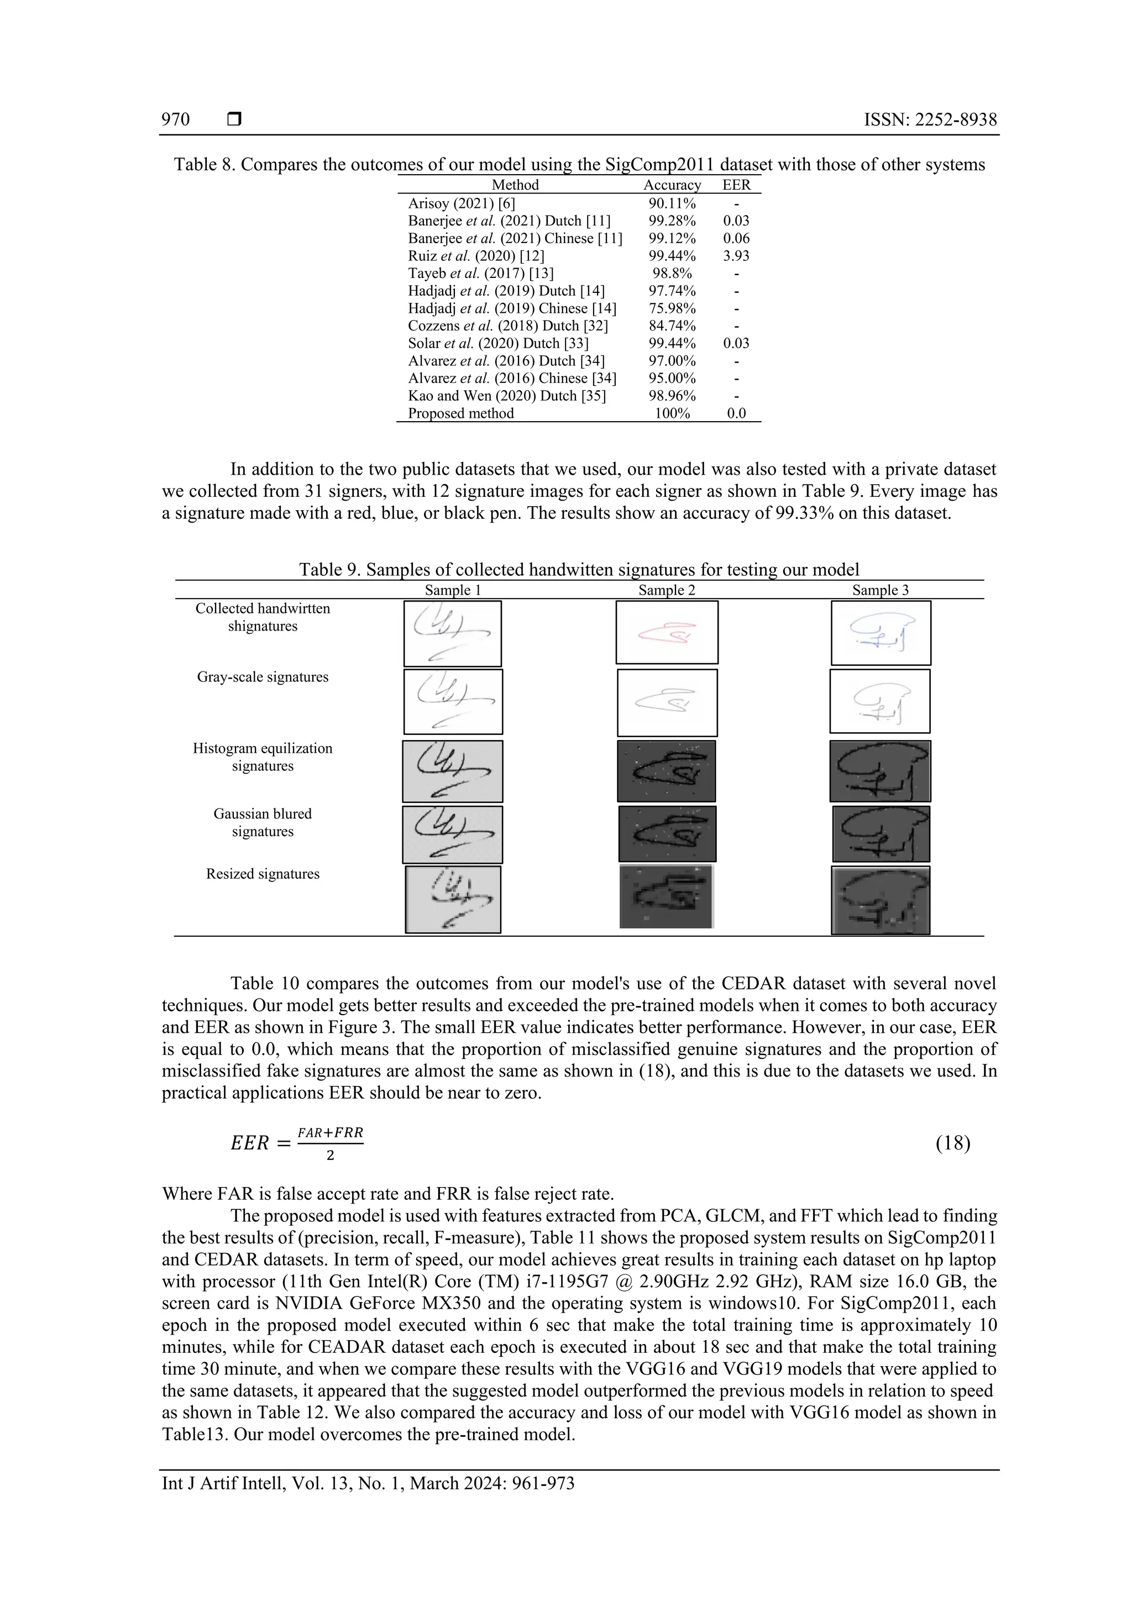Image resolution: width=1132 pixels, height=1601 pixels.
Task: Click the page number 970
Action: point(175,119)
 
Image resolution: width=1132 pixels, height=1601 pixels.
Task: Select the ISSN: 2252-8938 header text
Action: point(930,119)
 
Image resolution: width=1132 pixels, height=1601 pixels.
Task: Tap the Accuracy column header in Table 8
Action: point(672,185)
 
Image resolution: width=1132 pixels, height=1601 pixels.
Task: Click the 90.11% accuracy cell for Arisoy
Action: point(672,203)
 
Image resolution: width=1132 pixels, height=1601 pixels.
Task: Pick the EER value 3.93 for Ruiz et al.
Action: point(736,256)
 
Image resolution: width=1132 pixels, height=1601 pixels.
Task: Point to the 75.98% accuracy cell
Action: point(672,308)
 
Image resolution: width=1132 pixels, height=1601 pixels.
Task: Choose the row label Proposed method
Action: point(460,413)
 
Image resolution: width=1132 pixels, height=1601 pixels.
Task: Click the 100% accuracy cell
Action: point(672,413)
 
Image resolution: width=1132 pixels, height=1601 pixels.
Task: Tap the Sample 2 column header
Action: point(667,590)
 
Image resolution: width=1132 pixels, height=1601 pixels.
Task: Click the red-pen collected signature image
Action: point(667,632)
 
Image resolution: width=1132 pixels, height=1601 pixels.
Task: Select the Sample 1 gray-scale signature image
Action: point(453,701)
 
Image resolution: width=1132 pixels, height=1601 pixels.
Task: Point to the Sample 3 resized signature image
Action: point(880,900)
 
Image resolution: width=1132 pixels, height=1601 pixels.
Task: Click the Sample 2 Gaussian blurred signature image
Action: point(667,833)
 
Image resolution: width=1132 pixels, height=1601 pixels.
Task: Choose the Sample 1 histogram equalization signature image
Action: point(453,771)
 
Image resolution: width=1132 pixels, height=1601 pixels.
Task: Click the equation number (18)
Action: point(953,1143)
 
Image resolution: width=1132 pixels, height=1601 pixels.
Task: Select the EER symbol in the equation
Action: point(250,1143)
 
